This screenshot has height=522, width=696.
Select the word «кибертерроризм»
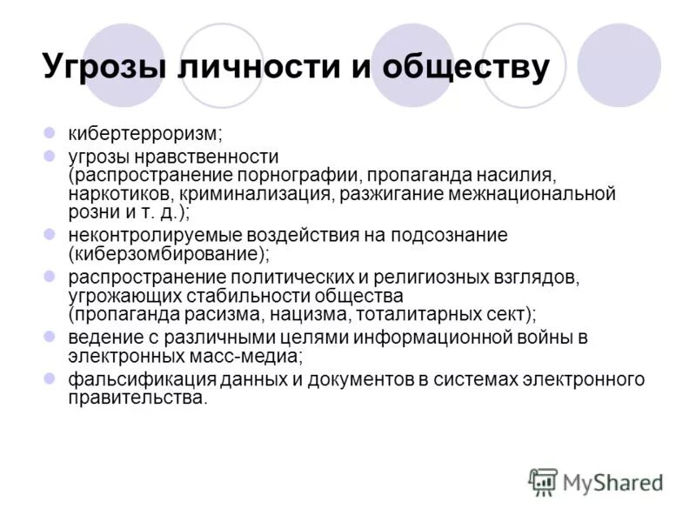pyautogui.click(x=145, y=134)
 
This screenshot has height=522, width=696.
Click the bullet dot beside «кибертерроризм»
pyautogui.click(x=50, y=134)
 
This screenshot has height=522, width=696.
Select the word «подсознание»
pyautogui.click(x=444, y=235)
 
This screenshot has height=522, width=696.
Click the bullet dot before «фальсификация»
pyautogui.click(x=50, y=379)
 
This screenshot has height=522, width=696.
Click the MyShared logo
pyautogui.click(x=596, y=480)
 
